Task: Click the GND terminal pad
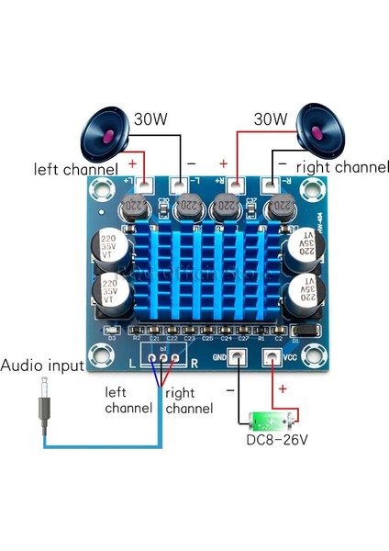click(237, 359)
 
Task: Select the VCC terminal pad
click(272, 359)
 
